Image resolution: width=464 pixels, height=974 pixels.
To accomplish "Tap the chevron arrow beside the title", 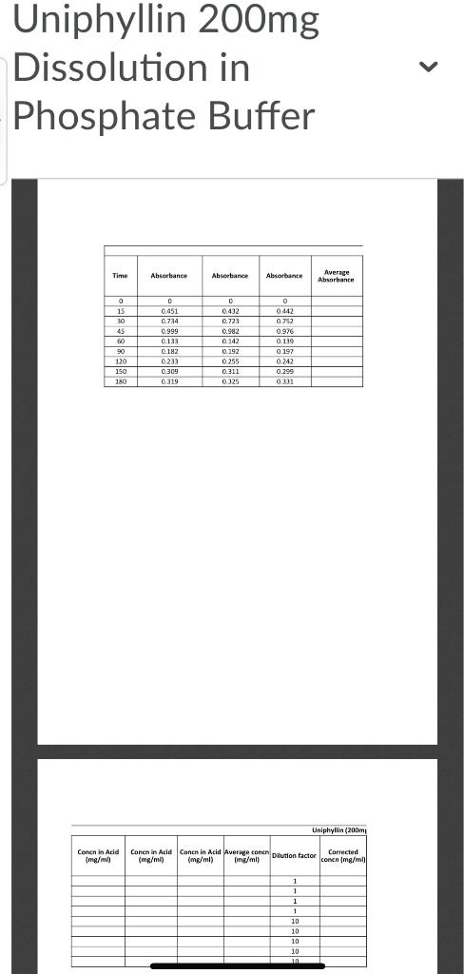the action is coord(429,67).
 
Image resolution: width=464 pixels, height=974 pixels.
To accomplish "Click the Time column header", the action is coord(120,276).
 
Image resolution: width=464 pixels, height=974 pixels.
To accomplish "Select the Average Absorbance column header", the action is coord(336,276).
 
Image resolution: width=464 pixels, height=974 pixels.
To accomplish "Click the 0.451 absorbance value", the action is coord(169,311).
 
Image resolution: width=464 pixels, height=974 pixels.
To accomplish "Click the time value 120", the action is coord(121,361).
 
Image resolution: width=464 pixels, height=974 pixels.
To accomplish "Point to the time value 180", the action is coord(121,381).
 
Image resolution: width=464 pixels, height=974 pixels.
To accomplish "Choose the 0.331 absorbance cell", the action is coord(283,381).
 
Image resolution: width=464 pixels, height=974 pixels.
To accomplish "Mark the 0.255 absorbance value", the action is coord(229,361).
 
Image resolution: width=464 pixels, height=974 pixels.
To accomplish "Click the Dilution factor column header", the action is coord(294,856).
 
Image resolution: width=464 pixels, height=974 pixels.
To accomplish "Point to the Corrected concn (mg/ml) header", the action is coord(343,856).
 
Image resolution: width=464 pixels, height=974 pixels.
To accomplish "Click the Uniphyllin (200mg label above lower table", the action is coord(338,830).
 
